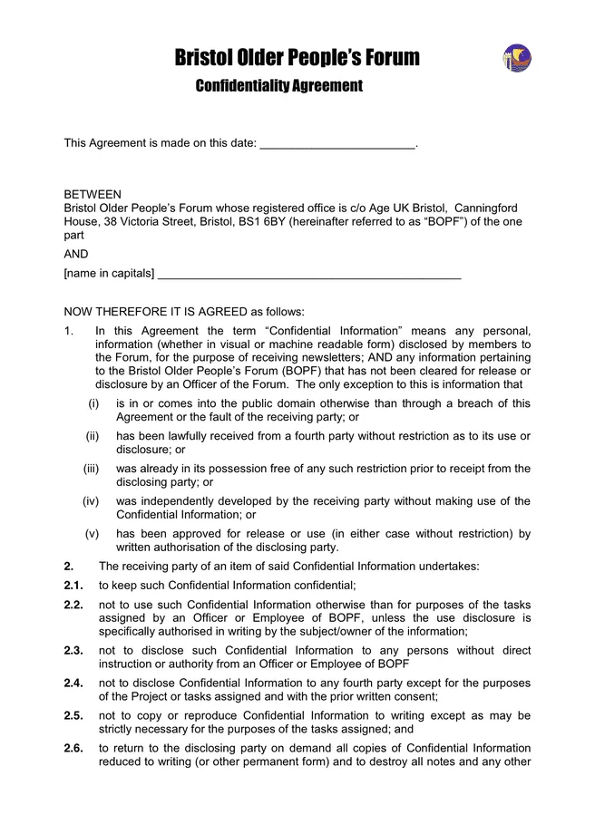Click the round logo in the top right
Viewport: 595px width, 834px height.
point(516,58)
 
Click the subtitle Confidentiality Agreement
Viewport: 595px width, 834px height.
point(278,86)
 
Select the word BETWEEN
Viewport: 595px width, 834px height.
point(93,194)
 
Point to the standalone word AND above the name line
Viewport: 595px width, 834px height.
point(76,254)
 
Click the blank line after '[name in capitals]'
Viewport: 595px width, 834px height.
point(309,274)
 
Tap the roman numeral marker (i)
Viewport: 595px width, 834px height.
point(93,403)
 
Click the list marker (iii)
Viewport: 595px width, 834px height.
point(92,469)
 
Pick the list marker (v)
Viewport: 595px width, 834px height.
point(93,534)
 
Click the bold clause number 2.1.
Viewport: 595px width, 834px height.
point(73,585)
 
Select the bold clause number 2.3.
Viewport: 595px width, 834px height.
point(73,650)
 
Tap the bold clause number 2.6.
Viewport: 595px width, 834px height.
point(73,748)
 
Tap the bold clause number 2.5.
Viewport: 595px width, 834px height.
point(73,715)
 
